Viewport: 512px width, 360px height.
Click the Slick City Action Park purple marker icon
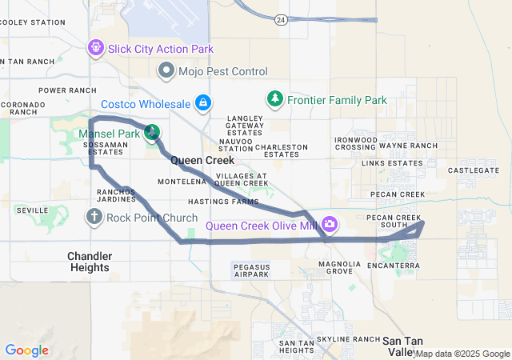[96, 50]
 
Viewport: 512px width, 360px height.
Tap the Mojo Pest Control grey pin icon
[166, 71]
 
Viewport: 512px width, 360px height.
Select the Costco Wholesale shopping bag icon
[204, 102]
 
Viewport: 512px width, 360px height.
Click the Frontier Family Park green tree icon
[275, 98]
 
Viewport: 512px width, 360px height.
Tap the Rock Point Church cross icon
[94, 216]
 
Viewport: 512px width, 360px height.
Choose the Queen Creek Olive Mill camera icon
[330, 224]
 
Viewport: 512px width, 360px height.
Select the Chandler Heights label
[89, 262]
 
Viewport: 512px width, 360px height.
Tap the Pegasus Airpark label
[250, 270]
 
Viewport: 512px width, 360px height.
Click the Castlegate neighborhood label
[473, 170]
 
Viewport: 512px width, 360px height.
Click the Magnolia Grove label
[334, 267]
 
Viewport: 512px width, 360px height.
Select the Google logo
[26, 350]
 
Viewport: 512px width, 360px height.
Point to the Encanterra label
[394, 265]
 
